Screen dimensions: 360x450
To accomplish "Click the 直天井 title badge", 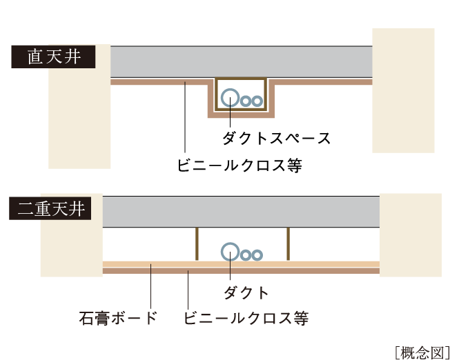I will [x=52, y=57].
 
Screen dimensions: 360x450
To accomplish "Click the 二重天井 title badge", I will [x=52, y=208].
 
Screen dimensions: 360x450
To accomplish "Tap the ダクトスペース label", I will [x=276, y=138].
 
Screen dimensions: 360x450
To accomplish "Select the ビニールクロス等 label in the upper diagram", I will [x=239, y=166].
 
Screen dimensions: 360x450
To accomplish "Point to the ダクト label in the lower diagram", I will [x=246, y=292].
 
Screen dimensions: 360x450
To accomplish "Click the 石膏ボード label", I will [x=117, y=318].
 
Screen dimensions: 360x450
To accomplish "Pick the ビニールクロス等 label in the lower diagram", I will [x=246, y=318].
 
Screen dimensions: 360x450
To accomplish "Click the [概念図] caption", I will [x=422, y=350].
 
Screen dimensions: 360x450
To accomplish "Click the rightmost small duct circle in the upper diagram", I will [x=257, y=101].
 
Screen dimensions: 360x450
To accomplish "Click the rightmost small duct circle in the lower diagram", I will [x=257, y=254].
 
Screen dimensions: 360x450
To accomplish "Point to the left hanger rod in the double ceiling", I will [x=196, y=244].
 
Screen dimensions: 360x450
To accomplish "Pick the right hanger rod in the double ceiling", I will [x=287, y=244].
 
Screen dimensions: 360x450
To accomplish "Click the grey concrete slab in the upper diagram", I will [x=242, y=62].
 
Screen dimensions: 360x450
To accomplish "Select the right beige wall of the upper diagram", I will [x=403, y=90].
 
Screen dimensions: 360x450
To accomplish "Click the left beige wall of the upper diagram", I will [x=79, y=117].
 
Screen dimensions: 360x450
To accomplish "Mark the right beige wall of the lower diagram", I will [x=410, y=234].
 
